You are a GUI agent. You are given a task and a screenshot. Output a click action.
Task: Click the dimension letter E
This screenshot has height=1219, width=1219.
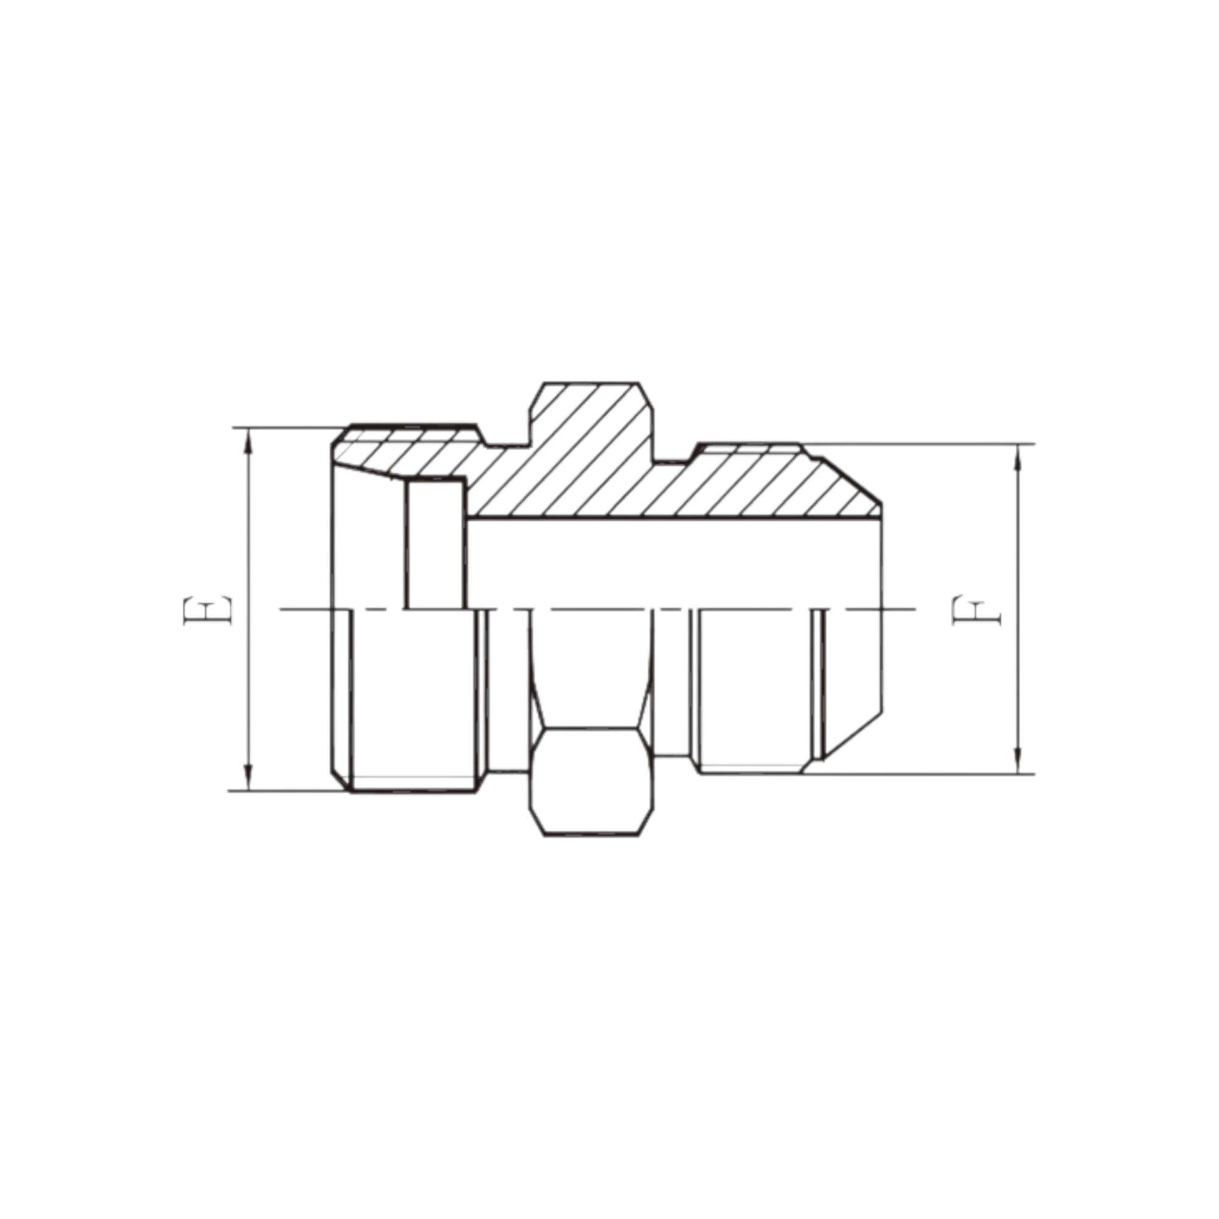click(208, 609)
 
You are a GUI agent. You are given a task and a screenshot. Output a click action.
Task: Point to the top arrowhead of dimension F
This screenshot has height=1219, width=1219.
click(1017, 458)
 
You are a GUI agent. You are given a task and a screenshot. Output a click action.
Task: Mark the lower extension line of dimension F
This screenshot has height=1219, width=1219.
click(915, 774)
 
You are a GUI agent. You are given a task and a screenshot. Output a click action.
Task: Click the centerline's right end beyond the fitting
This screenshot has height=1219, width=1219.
click(902, 609)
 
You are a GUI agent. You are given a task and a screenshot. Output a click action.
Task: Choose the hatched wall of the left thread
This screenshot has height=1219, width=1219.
click(404, 451)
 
